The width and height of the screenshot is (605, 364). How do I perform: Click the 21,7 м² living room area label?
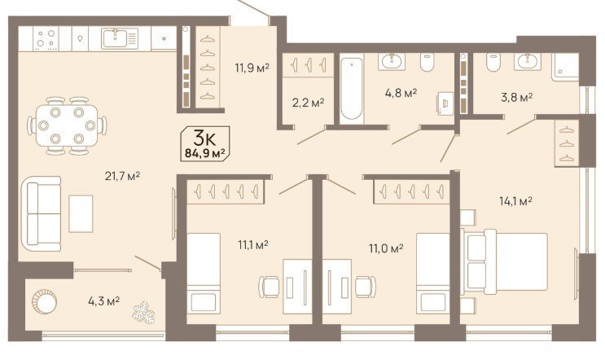tap(122, 177)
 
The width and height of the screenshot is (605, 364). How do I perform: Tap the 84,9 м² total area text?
tap(205, 153)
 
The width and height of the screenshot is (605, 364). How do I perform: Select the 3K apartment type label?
tap(205, 138)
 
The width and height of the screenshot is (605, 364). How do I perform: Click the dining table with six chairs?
tap(67, 125)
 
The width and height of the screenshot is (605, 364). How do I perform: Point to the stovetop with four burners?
tap(46, 38)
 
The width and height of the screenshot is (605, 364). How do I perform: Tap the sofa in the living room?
tap(41, 214)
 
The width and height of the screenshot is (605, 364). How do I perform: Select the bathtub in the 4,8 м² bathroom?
tap(352, 89)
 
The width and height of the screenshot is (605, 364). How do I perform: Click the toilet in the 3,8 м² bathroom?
tap(493, 62)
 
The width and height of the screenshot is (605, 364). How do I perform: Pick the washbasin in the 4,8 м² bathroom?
tap(392, 61)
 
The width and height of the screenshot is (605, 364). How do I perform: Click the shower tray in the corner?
tap(565, 67)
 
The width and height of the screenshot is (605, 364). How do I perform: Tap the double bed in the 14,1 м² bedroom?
tap(505, 261)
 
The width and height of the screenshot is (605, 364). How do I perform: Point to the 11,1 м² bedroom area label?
tap(253, 245)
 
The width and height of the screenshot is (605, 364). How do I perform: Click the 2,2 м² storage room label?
tap(308, 103)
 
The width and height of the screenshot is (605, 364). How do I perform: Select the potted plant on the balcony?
tap(143, 312)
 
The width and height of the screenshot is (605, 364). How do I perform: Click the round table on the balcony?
tap(44, 302)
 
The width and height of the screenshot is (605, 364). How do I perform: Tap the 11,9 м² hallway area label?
tap(252, 68)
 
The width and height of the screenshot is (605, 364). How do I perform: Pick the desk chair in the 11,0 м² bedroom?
tap(365, 287)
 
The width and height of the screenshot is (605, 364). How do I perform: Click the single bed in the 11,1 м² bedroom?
tap(204, 274)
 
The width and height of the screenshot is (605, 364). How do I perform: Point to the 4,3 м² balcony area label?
tap(103, 300)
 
